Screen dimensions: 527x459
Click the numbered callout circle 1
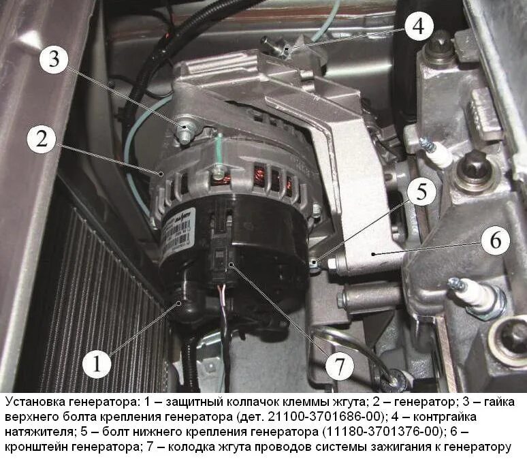pos(97,364)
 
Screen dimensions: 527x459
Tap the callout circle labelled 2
pos(42,139)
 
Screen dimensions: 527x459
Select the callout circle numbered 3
pos(54,59)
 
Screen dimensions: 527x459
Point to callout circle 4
pos(419,26)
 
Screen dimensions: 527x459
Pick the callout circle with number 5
pos(421,192)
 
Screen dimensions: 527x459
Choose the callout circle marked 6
pos(496,240)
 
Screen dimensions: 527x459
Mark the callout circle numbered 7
pos(339,366)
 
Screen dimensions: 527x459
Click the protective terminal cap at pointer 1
pos(185,304)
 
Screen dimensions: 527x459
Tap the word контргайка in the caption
pos(445,417)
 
